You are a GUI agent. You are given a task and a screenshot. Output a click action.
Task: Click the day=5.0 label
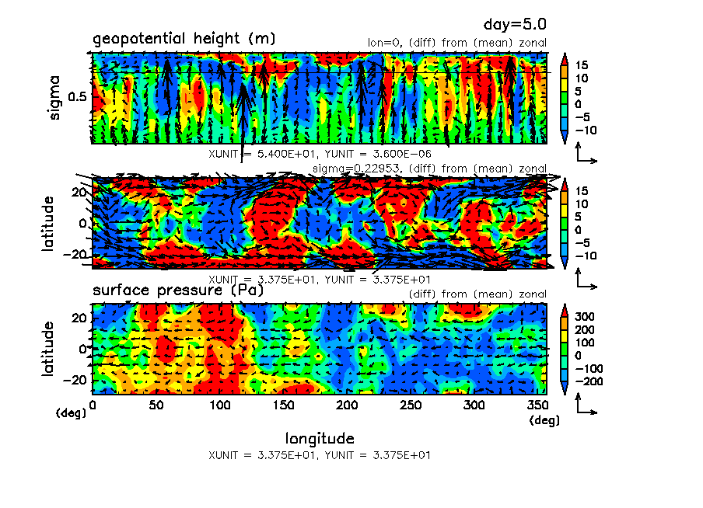[519, 26]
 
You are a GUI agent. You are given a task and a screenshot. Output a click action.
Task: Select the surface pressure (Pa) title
[178, 291]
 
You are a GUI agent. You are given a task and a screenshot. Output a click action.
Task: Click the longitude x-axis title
[320, 438]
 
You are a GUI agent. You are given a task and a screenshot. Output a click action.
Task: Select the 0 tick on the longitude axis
[93, 404]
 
